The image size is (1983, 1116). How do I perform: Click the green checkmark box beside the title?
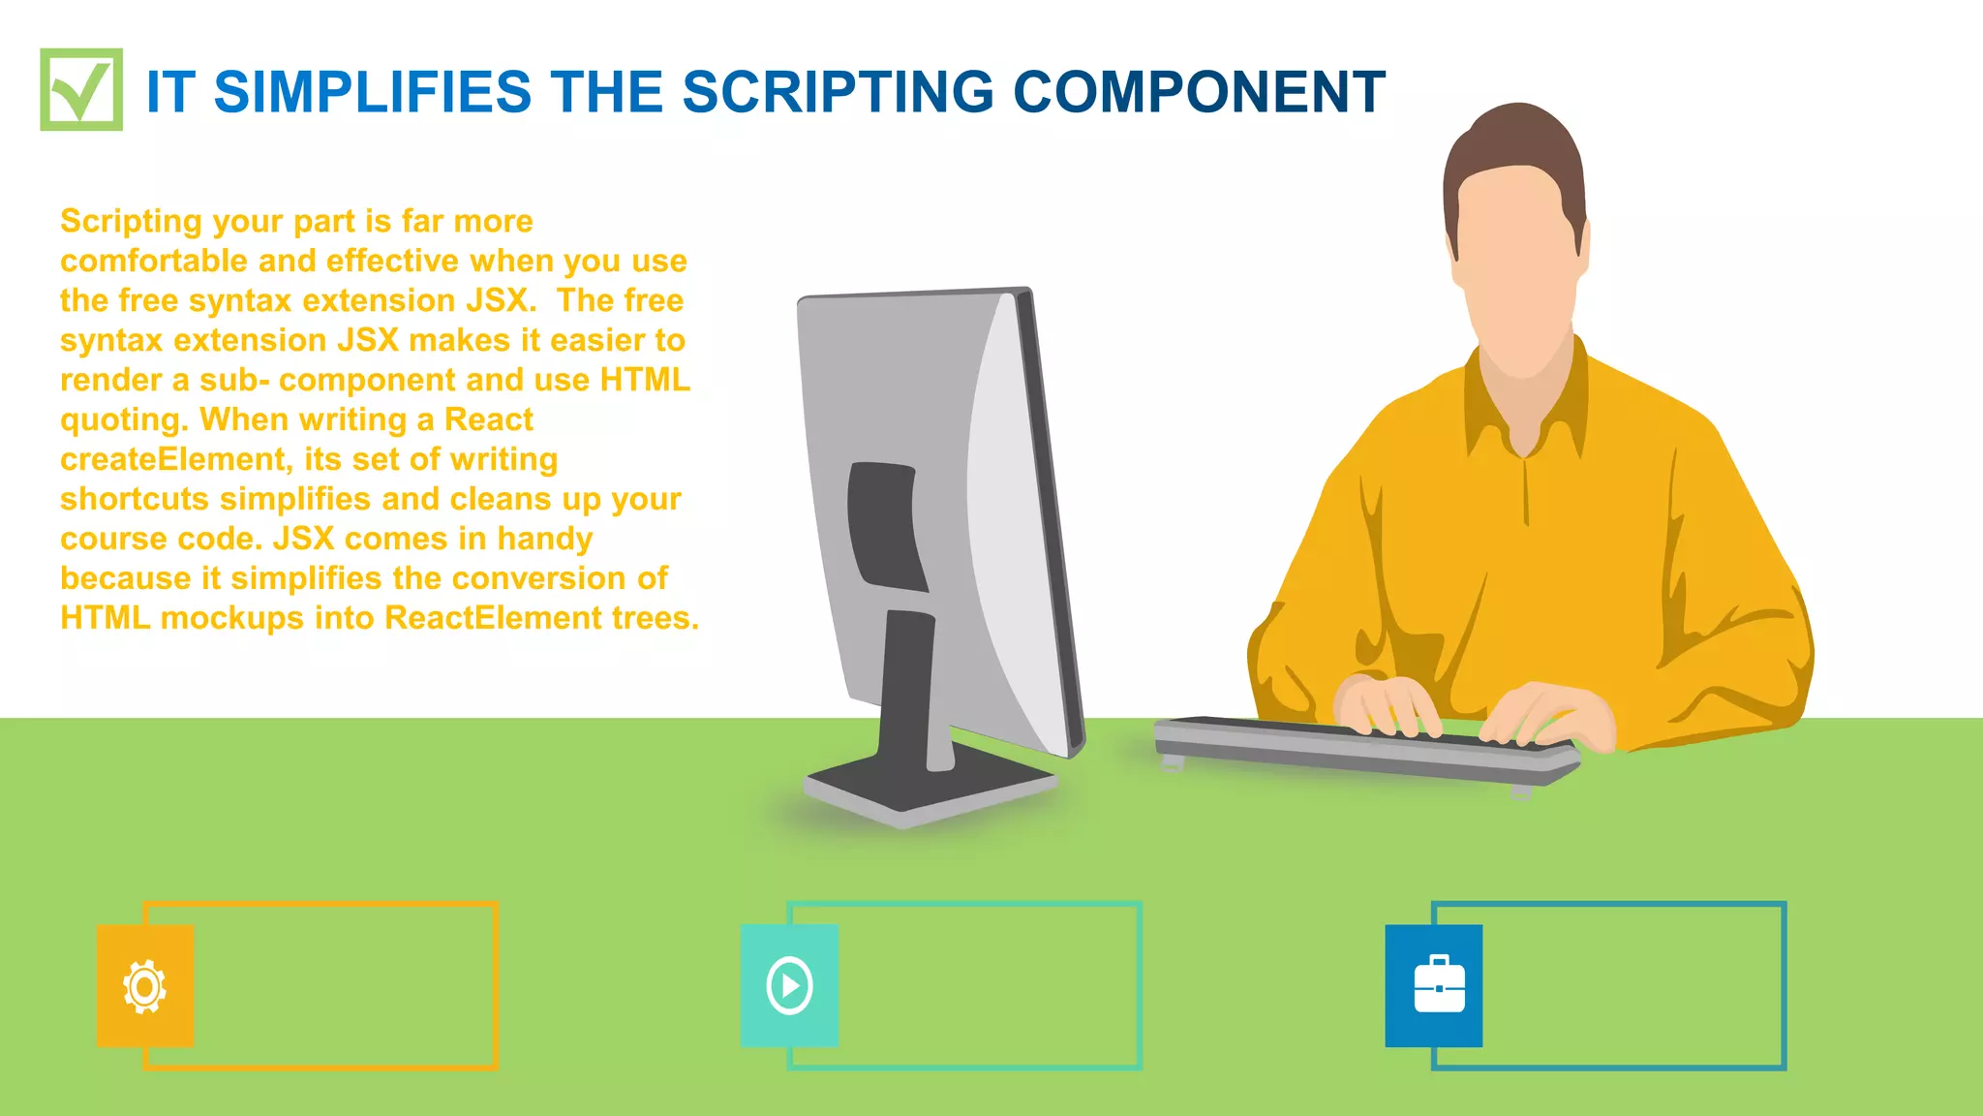coord(81,89)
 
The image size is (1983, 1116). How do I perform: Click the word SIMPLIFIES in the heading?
coord(372,93)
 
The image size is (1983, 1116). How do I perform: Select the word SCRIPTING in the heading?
coord(839,93)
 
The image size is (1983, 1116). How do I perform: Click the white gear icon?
coord(145,986)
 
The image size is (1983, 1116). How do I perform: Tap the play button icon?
coord(789,986)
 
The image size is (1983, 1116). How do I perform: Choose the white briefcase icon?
coord(1439,986)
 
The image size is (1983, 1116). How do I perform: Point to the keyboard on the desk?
coord(1365,751)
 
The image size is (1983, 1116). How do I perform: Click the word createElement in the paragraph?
coord(174,459)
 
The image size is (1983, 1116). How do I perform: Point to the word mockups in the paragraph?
coord(232,618)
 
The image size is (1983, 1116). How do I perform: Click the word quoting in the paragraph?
coord(122,420)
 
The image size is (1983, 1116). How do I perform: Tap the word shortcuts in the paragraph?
coord(135,499)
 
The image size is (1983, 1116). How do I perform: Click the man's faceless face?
coord(1520,271)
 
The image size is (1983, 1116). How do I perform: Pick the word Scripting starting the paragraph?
coord(131,222)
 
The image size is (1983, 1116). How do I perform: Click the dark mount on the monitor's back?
coord(883,523)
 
